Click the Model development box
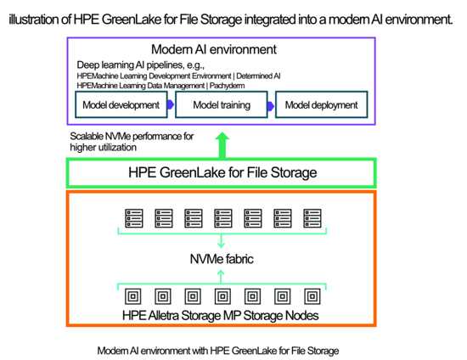121,104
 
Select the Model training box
222,104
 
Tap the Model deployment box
321,104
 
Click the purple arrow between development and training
171,104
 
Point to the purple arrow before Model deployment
270,106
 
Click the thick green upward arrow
222,145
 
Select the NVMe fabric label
222,259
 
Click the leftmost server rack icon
134,218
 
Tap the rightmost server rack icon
312,218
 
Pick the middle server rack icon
223,218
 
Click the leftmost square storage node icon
133,296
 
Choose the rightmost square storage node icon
312,296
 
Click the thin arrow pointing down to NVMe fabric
221,240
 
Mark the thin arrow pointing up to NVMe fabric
221,277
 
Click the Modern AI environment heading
214,49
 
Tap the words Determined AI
258,76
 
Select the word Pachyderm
227,86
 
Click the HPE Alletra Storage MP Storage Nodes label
221,315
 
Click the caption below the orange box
218,351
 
